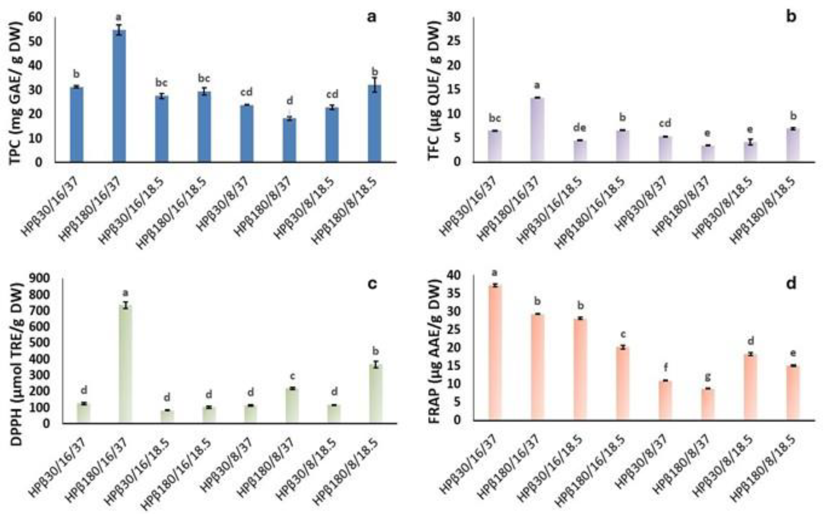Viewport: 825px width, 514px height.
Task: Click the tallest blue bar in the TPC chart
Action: point(119,96)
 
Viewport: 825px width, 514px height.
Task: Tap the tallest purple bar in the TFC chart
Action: point(538,129)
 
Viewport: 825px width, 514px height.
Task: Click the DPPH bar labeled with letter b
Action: point(376,394)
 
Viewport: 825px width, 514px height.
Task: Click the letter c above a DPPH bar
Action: point(292,376)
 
